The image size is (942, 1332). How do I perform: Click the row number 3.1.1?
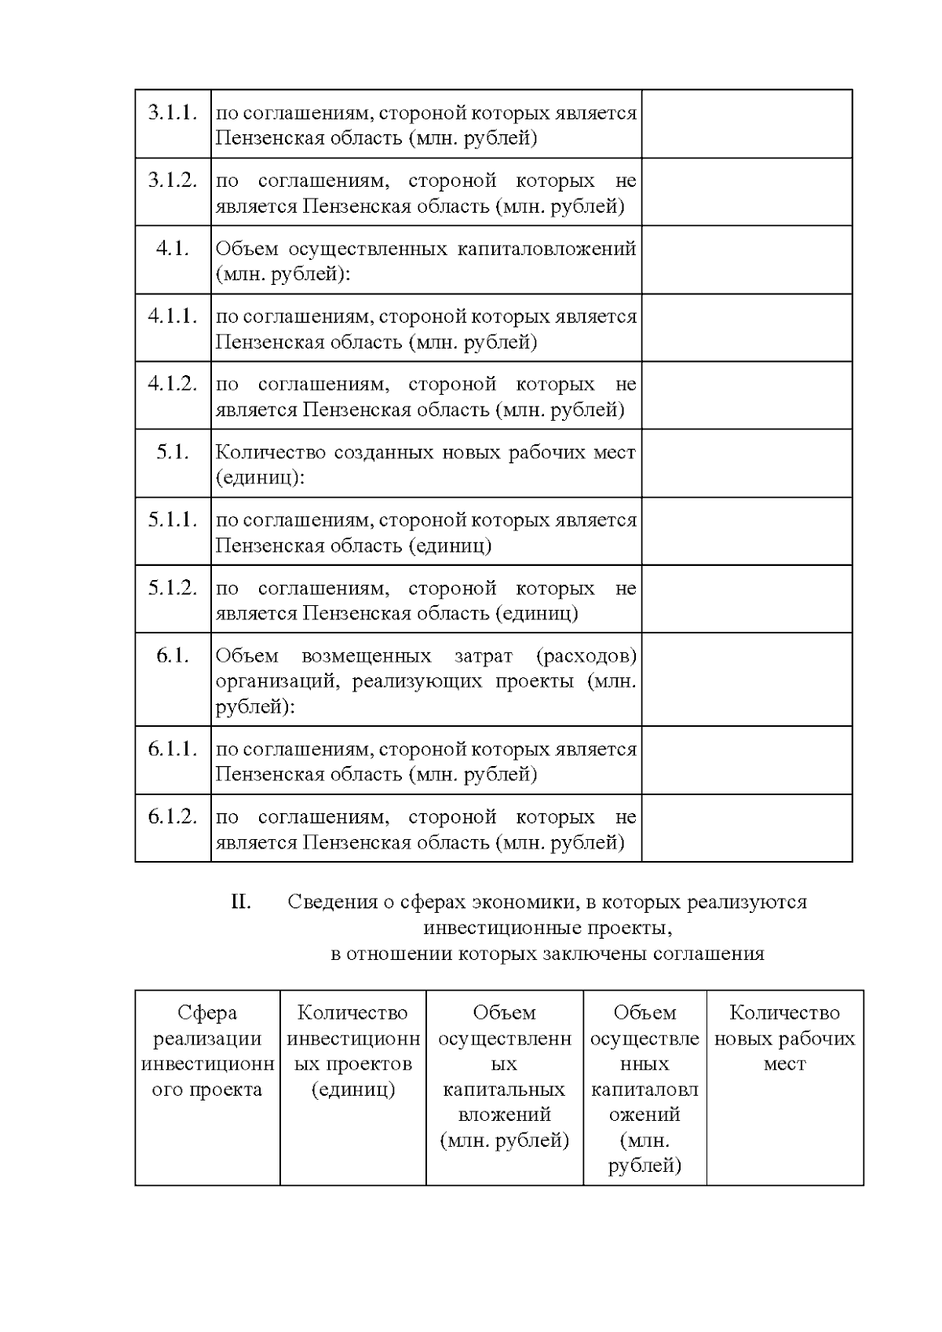point(172,112)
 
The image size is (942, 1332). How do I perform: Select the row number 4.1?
point(172,248)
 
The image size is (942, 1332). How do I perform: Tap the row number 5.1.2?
point(172,588)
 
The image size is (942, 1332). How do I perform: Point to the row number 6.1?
point(172,655)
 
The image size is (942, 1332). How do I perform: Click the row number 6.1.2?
point(172,817)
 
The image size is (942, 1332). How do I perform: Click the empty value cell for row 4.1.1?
point(747,328)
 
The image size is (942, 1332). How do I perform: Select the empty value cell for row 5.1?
point(747,463)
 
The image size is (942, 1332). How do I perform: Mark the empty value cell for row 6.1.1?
point(747,760)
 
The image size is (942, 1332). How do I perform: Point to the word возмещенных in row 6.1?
point(366,655)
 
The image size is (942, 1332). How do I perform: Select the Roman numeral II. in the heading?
point(241,902)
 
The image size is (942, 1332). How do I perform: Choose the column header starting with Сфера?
point(207,1051)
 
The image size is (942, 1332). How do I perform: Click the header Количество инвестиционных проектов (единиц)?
point(353,1051)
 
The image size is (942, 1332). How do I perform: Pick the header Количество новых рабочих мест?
point(784,1038)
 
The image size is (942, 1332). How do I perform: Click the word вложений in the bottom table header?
point(504,1115)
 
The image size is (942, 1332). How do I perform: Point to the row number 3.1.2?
point(172,181)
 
